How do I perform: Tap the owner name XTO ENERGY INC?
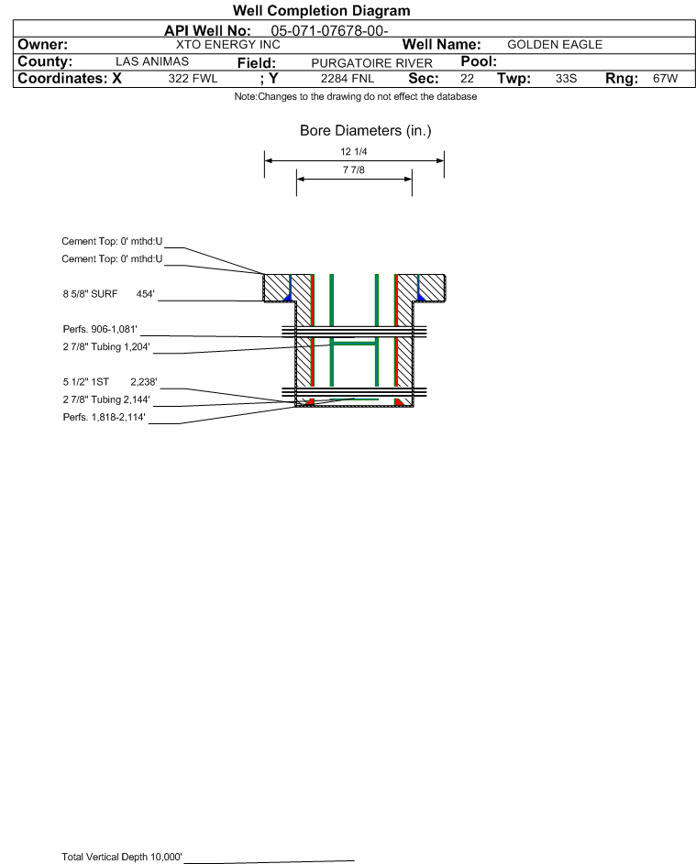(227, 45)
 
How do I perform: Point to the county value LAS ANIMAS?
(152, 61)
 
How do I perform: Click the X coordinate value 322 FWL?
(193, 79)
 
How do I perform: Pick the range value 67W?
(665, 79)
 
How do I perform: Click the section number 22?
(467, 79)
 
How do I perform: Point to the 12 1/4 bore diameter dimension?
(354, 152)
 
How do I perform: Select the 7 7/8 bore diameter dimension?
(354, 170)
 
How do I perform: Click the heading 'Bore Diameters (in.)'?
(365, 131)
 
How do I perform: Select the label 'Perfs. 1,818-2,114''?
(104, 417)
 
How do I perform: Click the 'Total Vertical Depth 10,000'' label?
(122, 857)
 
